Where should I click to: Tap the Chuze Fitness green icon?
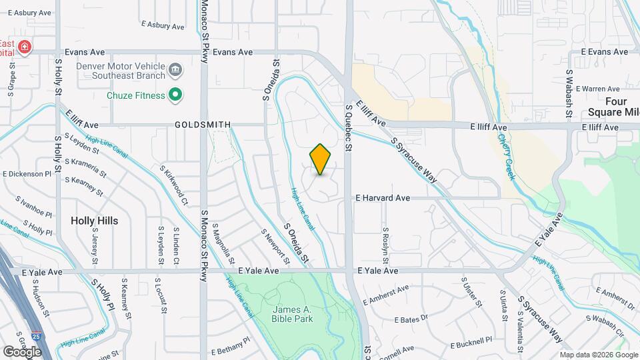(x=175, y=95)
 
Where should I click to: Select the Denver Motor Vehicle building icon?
(x=175, y=68)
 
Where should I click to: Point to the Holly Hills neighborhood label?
(x=94, y=221)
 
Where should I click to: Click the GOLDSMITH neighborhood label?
(x=203, y=125)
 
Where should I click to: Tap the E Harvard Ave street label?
(x=383, y=198)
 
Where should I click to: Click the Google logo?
(x=21, y=351)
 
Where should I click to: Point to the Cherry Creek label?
(x=507, y=157)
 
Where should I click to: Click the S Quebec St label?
(x=348, y=127)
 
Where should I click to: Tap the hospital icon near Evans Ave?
(x=25, y=47)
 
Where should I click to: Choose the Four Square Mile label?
(x=613, y=106)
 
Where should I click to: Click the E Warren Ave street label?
(x=598, y=89)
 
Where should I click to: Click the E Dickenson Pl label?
(x=27, y=174)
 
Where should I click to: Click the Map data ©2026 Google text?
(x=597, y=355)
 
